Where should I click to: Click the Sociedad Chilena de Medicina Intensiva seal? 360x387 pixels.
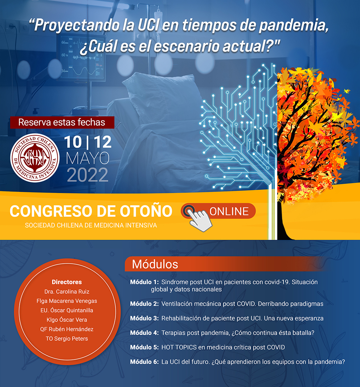35,158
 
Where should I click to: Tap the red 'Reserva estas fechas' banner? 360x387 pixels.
62,123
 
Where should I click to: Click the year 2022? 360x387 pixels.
88,175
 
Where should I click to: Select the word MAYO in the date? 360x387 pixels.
88,158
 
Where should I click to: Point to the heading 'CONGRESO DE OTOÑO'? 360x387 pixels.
91,211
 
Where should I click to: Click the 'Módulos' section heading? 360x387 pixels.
155,264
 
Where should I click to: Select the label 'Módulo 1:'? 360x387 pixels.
144,282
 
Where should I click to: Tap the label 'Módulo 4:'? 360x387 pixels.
144,333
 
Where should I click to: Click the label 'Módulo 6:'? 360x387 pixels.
144,362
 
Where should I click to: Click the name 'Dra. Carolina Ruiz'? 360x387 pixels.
67,292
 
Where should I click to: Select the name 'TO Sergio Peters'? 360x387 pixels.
67,339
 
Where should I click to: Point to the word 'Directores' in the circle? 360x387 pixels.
67,282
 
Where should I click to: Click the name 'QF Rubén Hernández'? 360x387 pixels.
67,329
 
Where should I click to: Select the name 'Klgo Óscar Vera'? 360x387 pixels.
67,320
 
